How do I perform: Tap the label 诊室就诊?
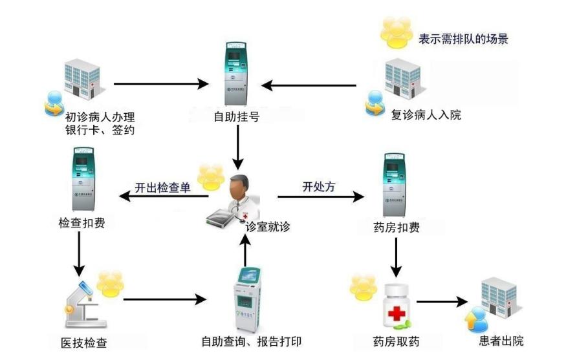(x=267, y=227)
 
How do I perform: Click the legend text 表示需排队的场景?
(x=463, y=39)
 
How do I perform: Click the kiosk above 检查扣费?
(x=83, y=179)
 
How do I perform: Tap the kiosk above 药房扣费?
(x=394, y=184)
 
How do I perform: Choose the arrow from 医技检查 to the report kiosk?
(x=166, y=300)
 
